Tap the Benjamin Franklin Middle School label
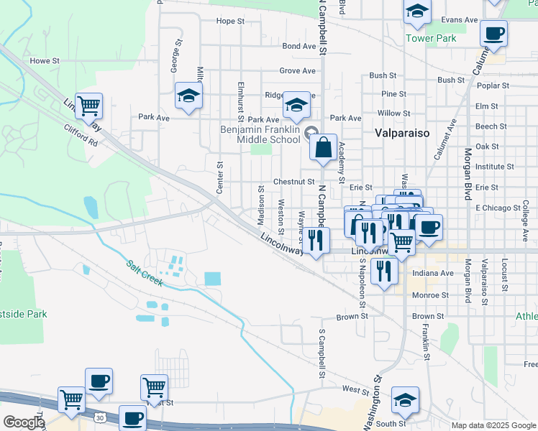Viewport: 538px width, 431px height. click(x=259, y=134)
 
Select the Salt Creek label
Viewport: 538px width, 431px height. click(x=145, y=272)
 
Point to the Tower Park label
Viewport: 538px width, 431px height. click(x=431, y=37)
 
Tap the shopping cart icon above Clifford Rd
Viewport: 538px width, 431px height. click(x=88, y=106)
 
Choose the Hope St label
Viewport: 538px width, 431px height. click(x=230, y=21)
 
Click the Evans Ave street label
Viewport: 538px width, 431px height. click(x=460, y=20)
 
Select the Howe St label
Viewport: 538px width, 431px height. click(x=45, y=61)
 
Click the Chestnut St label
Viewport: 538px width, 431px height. click(x=293, y=182)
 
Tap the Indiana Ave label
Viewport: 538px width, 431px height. click(x=434, y=274)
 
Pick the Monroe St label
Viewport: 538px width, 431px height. click(x=431, y=295)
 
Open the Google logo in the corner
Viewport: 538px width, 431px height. click(x=23, y=422)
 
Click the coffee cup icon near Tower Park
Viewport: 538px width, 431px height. click(x=494, y=32)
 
